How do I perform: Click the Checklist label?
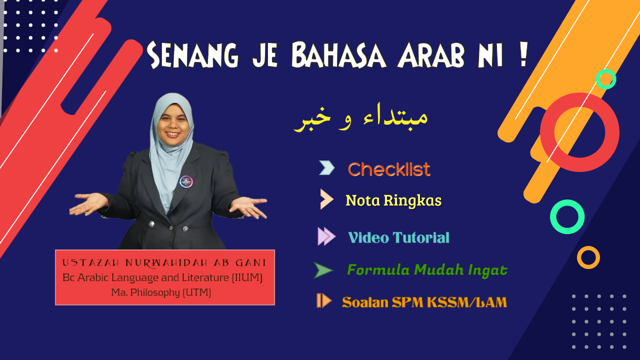389,169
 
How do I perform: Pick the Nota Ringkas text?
393,200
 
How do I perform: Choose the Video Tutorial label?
398,237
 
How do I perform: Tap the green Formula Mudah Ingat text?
427,270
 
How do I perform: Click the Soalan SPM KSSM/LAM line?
424,302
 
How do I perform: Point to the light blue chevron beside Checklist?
326,168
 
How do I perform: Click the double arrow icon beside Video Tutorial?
326,236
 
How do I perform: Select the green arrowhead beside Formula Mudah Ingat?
323,270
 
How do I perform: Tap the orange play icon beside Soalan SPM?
324,300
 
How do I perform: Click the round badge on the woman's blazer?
186,182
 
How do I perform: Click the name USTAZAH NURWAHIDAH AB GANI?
164,263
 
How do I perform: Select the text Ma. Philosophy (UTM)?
161,292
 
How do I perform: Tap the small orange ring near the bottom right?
588,257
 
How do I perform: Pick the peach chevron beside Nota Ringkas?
326,199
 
